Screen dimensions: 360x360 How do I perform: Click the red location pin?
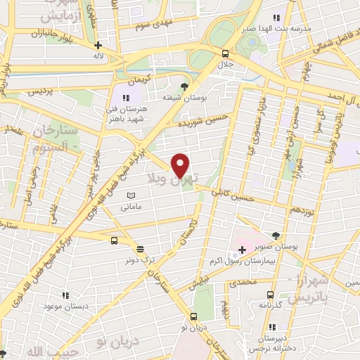181,165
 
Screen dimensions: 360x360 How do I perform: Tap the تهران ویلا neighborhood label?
173,180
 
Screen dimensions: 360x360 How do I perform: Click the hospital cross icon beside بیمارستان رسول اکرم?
242,250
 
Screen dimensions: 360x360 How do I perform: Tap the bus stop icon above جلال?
225,53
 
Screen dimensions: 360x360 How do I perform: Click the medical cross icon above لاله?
98,46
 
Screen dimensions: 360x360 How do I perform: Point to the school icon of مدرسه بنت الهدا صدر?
276,17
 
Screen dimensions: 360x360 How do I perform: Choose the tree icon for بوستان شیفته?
184,86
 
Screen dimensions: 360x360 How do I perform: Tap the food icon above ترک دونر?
139,249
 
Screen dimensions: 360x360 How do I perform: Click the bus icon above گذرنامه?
270,295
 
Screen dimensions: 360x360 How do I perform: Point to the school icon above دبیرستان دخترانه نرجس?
271,326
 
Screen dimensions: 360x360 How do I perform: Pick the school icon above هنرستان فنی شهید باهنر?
127,98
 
